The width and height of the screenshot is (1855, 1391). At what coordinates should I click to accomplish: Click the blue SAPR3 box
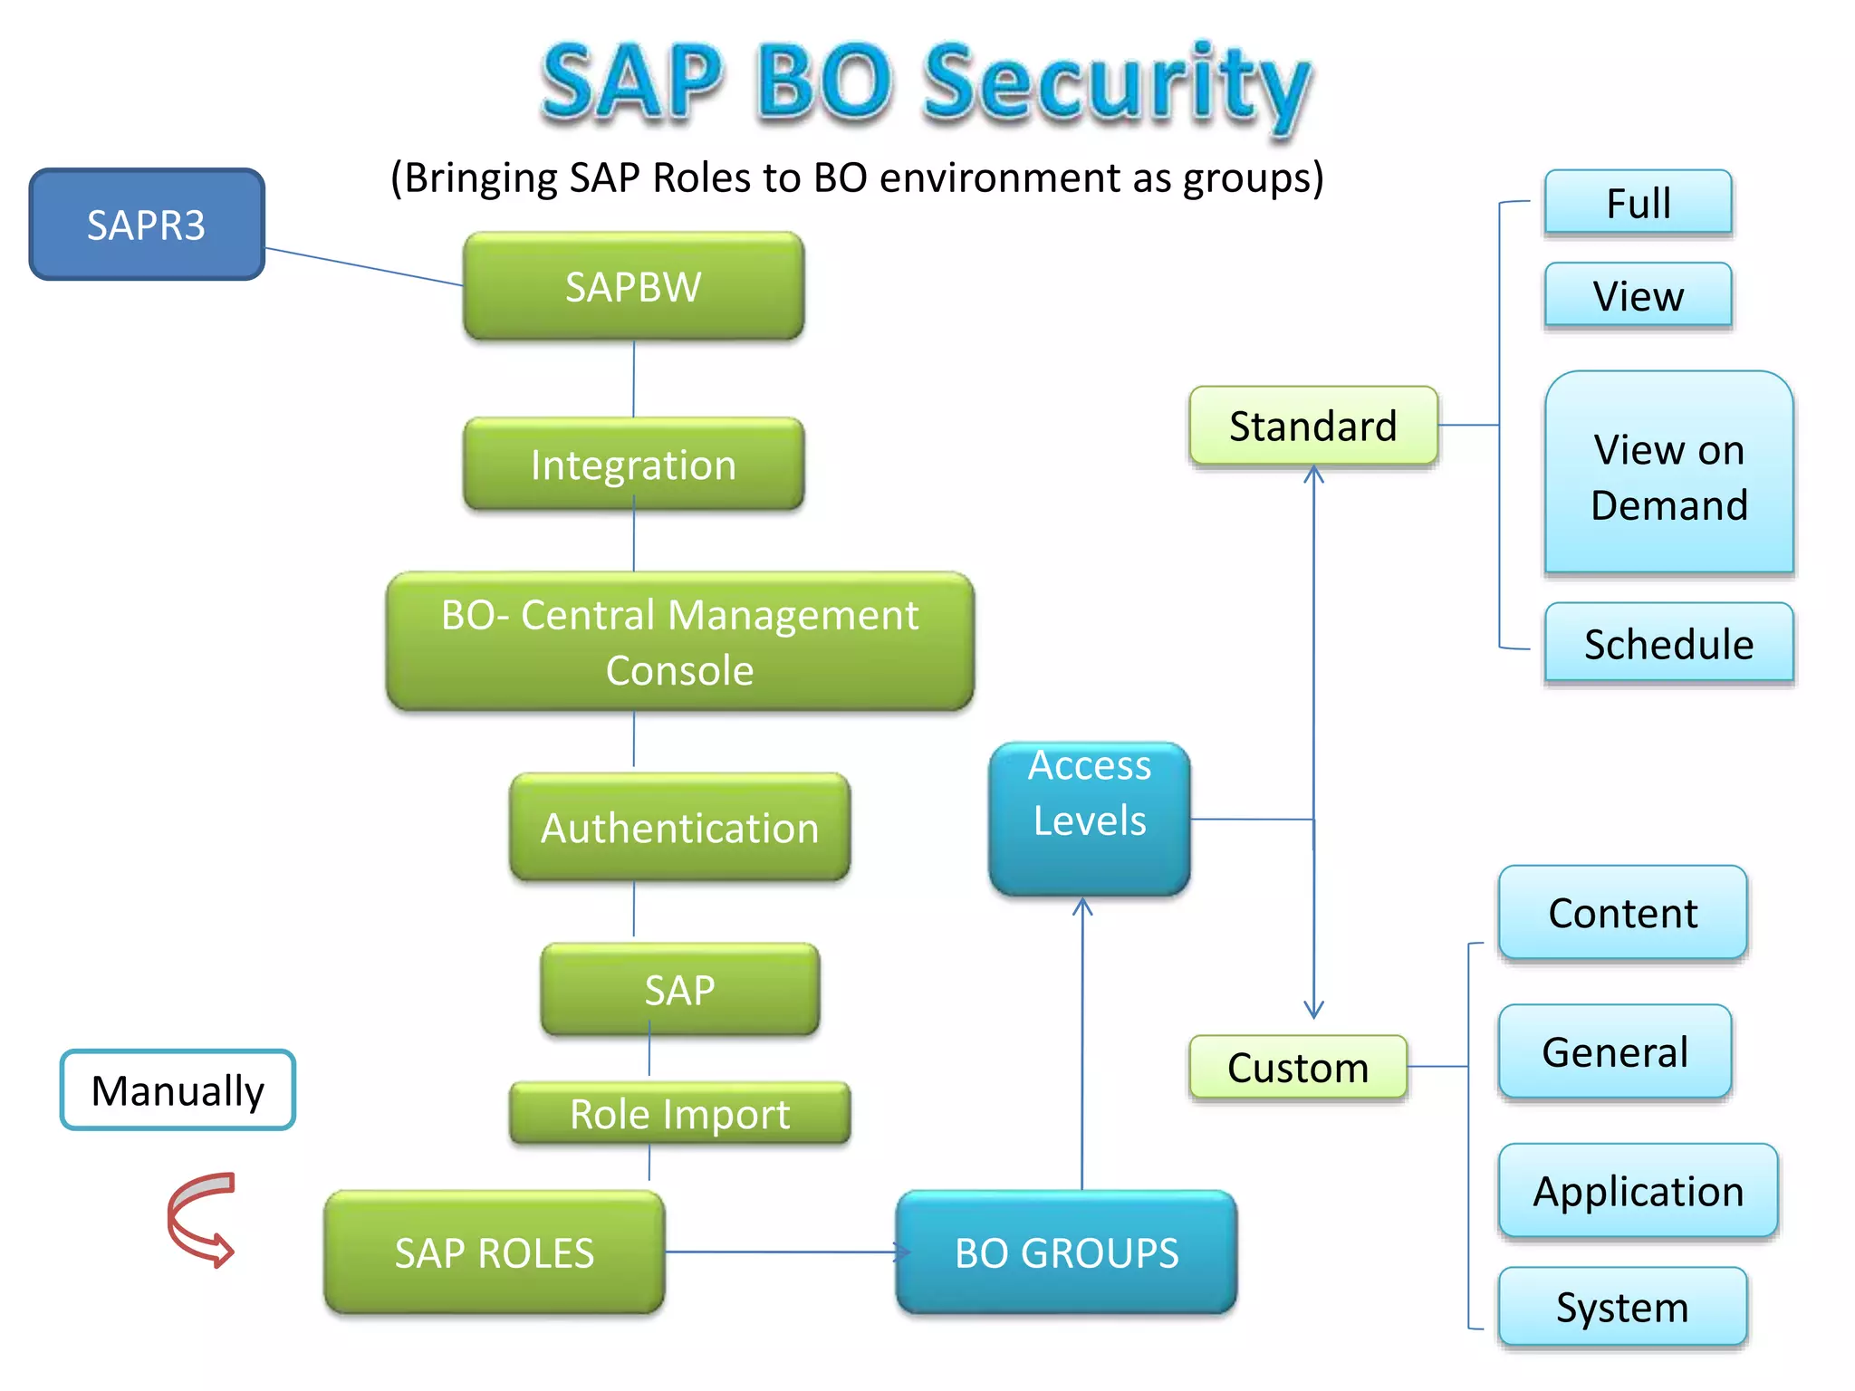click(x=147, y=225)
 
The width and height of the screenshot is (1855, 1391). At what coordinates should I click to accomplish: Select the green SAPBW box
click(x=633, y=286)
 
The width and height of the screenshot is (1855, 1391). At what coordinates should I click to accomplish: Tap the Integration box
click(x=633, y=464)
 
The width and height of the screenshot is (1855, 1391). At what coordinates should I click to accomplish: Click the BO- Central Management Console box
click(x=679, y=641)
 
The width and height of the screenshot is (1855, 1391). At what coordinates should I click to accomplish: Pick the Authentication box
click(x=679, y=827)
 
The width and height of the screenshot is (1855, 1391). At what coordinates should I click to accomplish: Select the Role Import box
click(x=679, y=1113)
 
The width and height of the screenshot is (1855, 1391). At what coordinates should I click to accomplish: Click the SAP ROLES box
click(x=495, y=1252)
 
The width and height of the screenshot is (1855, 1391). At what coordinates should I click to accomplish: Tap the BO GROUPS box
click(x=1066, y=1252)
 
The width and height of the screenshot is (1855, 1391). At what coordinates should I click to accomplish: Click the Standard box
click(x=1312, y=426)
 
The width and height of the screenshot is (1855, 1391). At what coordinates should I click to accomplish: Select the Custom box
click(x=1298, y=1067)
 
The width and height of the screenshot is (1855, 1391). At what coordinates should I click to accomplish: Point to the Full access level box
click(x=1638, y=202)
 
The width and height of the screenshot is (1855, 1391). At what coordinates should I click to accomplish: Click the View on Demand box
click(x=1668, y=475)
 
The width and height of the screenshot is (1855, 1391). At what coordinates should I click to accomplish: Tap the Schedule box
click(x=1668, y=643)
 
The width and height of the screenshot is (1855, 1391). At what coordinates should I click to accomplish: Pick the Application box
click(x=1638, y=1191)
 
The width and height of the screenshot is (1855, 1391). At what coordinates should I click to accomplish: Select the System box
click(x=1622, y=1307)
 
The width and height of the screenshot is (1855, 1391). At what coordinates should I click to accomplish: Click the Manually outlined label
click(x=178, y=1089)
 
